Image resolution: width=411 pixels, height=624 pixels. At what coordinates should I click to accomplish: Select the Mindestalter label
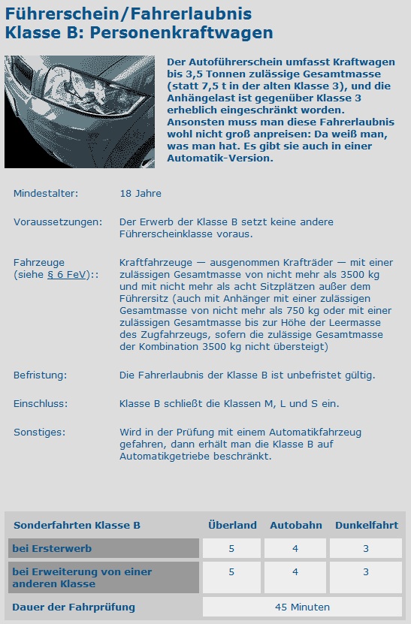click(x=46, y=194)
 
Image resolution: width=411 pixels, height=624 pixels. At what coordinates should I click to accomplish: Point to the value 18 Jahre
click(x=141, y=194)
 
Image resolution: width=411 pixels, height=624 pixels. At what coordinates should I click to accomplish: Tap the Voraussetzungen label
click(x=58, y=222)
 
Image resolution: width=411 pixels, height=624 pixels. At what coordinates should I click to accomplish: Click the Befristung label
click(x=41, y=375)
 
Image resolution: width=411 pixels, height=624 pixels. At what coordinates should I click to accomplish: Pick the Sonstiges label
click(x=40, y=432)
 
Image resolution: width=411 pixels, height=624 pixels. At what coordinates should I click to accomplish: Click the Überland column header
click(x=232, y=526)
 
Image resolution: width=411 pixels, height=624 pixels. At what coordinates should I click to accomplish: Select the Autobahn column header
click(x=295, y=526)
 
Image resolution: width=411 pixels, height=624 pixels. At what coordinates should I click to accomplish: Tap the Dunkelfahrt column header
click(x=366, y=526)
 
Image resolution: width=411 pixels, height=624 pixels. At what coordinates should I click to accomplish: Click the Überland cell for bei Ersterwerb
click(x=231, y=549)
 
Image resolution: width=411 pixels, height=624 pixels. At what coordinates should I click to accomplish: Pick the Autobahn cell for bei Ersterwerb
click(x=295, y=549)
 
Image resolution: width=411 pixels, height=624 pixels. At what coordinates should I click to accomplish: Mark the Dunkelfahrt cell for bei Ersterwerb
click(x=366, y=549)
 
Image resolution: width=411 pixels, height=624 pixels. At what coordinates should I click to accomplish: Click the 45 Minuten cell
click(x=303, y=607)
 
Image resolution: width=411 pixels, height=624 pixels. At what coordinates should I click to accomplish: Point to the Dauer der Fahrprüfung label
click(x=74, y=607)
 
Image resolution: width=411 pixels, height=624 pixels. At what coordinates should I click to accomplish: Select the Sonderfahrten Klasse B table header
click(x=77, y=526)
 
